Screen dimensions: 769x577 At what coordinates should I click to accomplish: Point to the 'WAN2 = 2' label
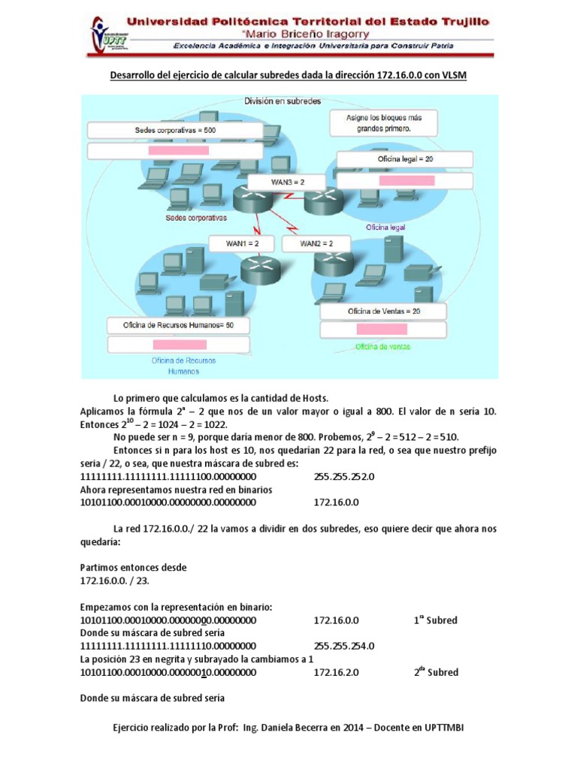click(316, 243)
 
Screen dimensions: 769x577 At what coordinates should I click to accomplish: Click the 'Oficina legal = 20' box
click(406, 159)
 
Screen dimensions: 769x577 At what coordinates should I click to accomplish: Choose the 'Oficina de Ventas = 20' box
click(384, 311)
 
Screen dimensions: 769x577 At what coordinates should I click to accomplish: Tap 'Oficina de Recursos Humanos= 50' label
click(178, 325)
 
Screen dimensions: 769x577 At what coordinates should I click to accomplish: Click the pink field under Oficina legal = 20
click(406, 180)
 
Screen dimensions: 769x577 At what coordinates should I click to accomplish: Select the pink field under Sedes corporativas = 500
click(178, 150)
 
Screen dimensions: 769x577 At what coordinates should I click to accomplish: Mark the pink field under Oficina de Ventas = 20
click(382, 329)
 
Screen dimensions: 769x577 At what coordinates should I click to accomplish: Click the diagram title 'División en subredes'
click(283, 101)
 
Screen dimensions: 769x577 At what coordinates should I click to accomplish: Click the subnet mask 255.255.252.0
click(343, 476)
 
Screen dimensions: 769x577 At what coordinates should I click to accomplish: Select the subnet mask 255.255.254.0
click(343, 646)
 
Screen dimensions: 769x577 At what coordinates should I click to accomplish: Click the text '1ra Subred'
click(435, 620)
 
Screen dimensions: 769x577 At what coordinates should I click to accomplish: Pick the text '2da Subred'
click(435, 672)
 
